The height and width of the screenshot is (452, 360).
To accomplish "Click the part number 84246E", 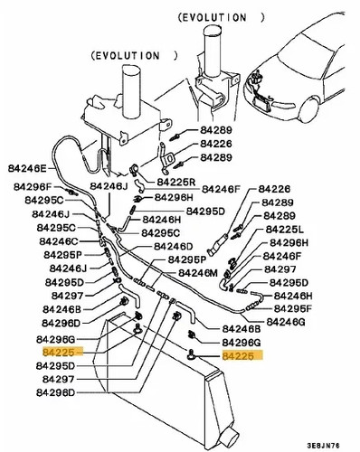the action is pyautogui.click(x=27, y=168).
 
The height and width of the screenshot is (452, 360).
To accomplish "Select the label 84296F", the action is pyautogui.click(x=33, y=187).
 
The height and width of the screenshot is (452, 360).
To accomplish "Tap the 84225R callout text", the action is pyautogui.click(x=176, y=182).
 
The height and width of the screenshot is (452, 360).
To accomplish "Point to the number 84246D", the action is pyautogui.click(x=174, y=247).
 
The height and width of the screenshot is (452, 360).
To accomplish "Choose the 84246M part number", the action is pyautogui.click(x=198, y=273).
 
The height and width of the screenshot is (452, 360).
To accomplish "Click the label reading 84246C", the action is pyautogui.click(x=59, y=241).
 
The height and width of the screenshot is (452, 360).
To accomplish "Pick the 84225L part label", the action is pyautogui.click(x=285, y=230).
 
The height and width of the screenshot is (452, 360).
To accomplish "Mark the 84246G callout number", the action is pyautogui.click(x=286, y=322).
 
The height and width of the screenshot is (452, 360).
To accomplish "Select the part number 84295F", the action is pyautogui.click(x=293, y=308).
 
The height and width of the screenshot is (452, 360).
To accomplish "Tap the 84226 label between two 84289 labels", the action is pyautogui.click(x=216, y=144).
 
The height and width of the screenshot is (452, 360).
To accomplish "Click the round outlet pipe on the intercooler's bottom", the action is pyautogui.click(x=230, y=437).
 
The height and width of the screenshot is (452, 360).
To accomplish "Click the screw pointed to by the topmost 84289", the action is pyautogui.click(x=175, y=137).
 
